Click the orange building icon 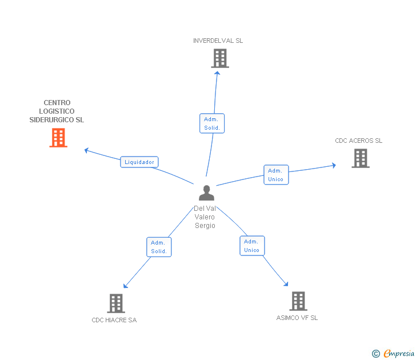point(58,138)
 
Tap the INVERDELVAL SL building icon point(220,58)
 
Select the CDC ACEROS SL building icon point(361,158)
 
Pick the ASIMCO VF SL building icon point(298,301)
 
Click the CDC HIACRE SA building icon point(116,303)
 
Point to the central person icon point(206,193)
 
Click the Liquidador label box point(139,162)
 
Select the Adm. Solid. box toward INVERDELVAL point(212,123)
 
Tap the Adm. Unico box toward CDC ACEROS point(275,175)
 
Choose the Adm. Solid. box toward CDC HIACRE point(158,247)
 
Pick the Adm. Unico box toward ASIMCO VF point(251,246)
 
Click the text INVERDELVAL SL point(218,41)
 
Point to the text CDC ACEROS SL point(358,141)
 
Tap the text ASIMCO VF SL point(297,318)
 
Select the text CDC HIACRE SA point(114,320)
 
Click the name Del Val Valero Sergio point(205,217)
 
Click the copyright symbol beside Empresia point(375,354)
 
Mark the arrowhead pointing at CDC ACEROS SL point(334,166)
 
